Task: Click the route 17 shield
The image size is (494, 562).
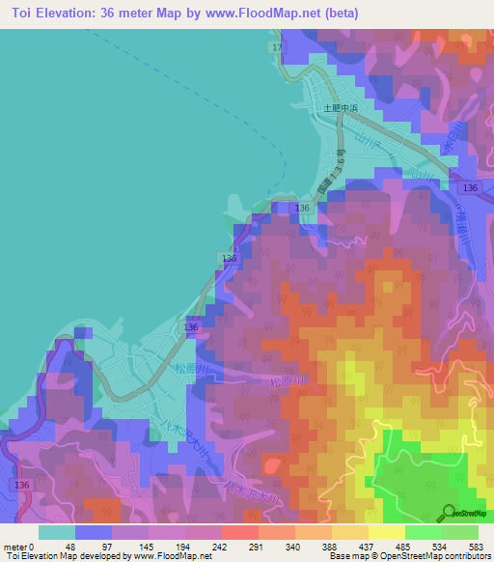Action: [278, 47]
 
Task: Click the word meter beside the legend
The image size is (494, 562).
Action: [15, 547]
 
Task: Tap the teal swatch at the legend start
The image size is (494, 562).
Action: [57, 532]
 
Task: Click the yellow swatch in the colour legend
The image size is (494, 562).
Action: [387, 532]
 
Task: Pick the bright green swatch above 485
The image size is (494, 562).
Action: [424, 532]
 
